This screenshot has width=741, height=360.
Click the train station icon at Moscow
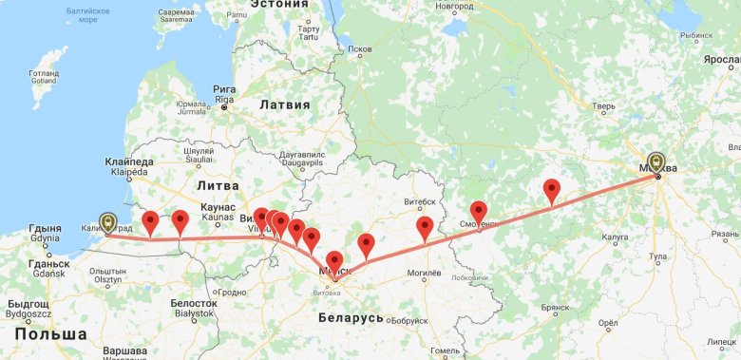tap(656, 161)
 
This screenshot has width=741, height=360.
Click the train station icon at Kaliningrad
tap(108, 222)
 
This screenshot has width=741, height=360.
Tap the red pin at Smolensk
tap(479, 212)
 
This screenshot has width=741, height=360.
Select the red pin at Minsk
tap(334, 261)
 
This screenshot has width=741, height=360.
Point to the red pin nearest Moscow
tap(552, 190)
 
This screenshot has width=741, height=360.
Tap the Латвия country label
tap(285, 104)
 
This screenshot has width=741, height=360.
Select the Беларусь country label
tap(351, 317)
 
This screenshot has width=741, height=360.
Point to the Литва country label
tap(218, 186)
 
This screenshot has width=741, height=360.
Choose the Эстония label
tap(280, 5)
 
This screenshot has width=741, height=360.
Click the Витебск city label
tap(419, 201)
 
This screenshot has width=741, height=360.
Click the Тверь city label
tap(603, 107)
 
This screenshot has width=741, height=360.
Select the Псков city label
tap(360, 48)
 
